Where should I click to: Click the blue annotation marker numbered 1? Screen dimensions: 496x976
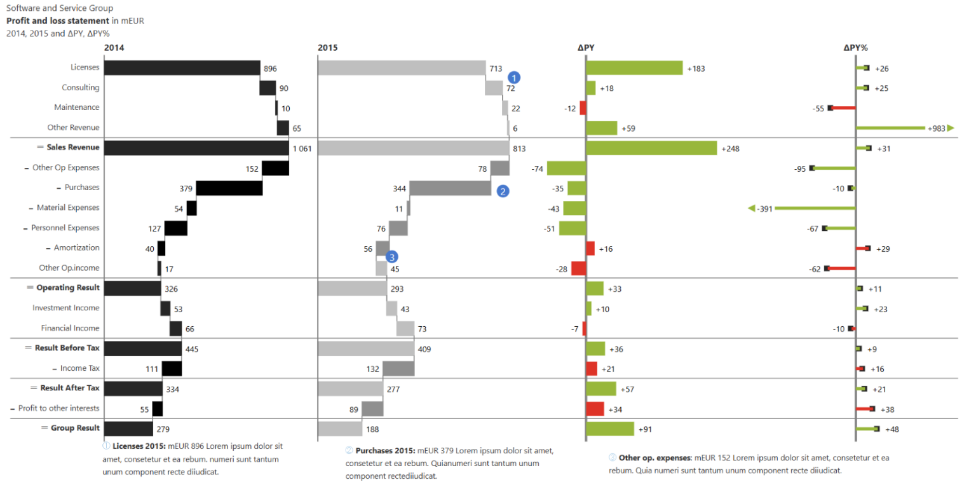[514, 77]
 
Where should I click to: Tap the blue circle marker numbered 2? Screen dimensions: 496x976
[503, 190]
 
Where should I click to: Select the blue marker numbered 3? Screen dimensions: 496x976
[392, 257]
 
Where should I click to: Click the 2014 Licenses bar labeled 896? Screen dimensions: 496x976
[182, 68]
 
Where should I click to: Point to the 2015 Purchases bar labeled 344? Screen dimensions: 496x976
[450, 188]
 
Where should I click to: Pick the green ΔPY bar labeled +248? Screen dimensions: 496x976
[651, 148]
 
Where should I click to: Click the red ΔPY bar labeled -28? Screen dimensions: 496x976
[579, 268]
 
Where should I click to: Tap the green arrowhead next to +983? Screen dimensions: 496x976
[951, 128]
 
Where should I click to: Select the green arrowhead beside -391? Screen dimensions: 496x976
[752, 208]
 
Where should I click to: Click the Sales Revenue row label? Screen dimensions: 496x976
[72, 148]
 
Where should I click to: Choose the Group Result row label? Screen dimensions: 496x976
[75, 428]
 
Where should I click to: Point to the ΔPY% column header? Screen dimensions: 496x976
[856, 48]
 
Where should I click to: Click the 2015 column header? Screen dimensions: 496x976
[328, 48]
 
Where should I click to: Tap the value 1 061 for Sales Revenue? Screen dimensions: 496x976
[303, 148]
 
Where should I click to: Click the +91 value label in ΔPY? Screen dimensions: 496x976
[646, 429]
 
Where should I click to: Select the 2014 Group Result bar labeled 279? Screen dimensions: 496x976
[128, 428]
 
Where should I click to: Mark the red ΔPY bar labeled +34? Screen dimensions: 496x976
[595, 408]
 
